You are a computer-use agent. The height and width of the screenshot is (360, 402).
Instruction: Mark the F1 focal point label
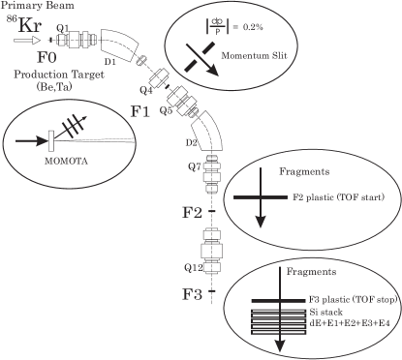(139, 111)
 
